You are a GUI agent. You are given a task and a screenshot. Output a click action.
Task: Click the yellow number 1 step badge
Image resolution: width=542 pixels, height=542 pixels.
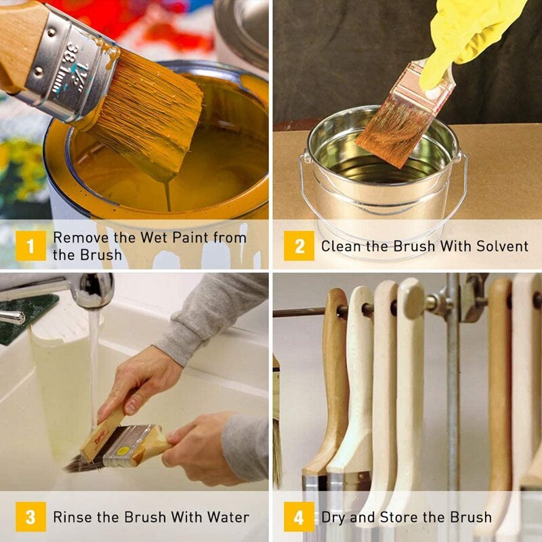(x=30, y=246)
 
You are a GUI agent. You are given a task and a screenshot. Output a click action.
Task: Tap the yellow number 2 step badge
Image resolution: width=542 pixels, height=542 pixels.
(x=299, y=246)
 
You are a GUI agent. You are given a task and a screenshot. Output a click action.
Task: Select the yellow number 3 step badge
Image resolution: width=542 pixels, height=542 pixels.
(x=30, y=517)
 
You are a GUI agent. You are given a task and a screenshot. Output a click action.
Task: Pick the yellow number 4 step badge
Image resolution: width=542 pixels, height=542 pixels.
(x=299, y=517)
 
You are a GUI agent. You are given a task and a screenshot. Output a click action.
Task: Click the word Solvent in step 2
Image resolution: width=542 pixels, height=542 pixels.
(x=502, y=246)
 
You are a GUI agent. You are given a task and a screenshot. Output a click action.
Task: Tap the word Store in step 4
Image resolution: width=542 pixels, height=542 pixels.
(x=399, y=517)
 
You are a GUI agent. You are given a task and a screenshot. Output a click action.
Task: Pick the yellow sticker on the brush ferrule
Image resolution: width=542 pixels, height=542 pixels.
(x=123, y=451)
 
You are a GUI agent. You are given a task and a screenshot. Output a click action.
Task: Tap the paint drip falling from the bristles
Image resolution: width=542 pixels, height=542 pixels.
(x=167, y=195)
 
